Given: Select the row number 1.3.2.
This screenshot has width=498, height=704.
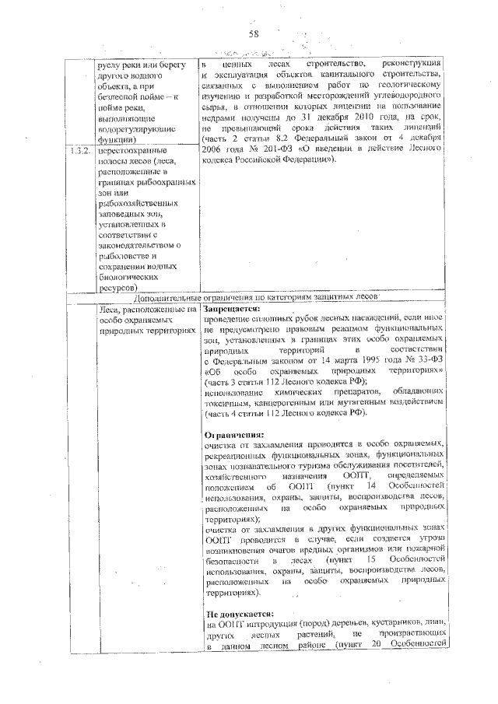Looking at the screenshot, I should coord(77,149).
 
